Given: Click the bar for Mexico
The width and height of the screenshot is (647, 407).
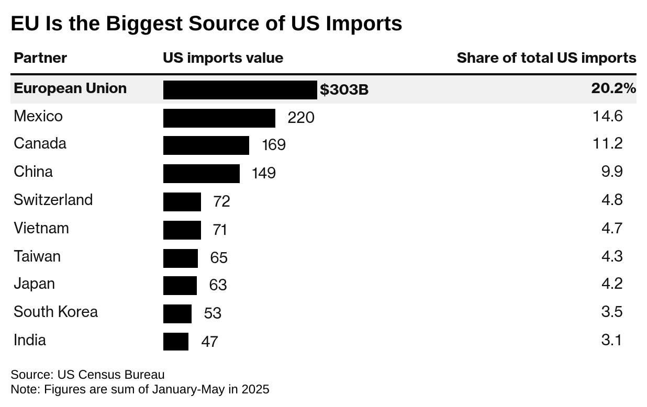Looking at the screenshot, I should click(219, 118).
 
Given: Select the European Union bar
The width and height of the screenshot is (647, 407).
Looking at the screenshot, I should click(240, 90).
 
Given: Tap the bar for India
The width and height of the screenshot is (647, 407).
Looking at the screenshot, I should click(175, 342).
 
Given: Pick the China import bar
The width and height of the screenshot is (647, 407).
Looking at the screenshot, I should click(201, 173).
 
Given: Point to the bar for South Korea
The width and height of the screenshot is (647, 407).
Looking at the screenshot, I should click(177, 313).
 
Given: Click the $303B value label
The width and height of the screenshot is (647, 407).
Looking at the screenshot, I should click(344, 90).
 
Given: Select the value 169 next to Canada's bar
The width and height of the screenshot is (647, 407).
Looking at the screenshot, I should click(274, 145).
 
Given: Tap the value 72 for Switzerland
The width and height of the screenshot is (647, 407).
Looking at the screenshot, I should click(221, 201).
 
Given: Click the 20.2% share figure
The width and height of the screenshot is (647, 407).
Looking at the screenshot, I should click(613, 89).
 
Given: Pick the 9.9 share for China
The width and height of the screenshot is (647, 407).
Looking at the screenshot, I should click(612, 172).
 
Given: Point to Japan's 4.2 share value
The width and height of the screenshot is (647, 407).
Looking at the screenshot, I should click(612, 284).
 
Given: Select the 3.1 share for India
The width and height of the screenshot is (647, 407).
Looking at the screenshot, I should click(611, 340).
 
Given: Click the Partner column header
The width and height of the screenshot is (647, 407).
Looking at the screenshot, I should click(40, 58).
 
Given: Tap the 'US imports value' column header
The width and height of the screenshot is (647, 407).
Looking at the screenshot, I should click(223, 58).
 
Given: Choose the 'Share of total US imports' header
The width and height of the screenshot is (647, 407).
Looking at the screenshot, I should click(546, 58).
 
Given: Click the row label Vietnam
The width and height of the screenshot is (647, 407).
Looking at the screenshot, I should click(41, 228).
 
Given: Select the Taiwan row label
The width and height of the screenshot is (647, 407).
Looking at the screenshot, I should click(37, 256).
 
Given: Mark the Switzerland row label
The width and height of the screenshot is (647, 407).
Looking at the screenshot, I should click(53, 200).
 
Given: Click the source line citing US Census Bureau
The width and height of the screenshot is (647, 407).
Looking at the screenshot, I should click(87, 375).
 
